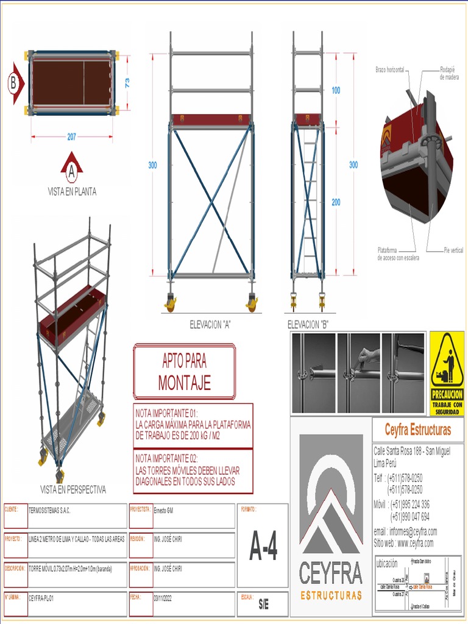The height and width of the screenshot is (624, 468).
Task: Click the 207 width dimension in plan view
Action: [72, 137]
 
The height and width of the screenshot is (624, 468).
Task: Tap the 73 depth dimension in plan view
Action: [127, 83]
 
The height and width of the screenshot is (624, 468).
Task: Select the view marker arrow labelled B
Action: [15, 83]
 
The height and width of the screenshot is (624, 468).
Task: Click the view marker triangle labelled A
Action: [71, 170]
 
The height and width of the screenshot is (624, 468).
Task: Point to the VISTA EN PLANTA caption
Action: [72, 191]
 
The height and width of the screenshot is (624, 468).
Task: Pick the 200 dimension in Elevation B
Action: [336, 202]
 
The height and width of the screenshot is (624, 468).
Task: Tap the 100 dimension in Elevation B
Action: [336, 90]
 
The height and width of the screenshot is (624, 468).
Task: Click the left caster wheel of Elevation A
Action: [170, 302]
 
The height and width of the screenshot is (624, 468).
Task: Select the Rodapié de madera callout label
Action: [449, 73]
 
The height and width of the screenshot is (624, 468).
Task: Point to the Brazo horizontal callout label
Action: [389, 70]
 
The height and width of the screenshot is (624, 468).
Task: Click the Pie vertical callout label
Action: [453, 250]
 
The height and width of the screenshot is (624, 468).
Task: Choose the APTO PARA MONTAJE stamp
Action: [185, 371]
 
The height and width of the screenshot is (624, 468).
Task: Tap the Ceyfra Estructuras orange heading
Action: [417, 430]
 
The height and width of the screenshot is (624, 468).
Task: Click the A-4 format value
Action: [263, 547]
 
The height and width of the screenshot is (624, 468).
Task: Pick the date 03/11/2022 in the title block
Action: [163, 599]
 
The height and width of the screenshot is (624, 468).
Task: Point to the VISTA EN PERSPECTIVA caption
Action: [73, 489]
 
